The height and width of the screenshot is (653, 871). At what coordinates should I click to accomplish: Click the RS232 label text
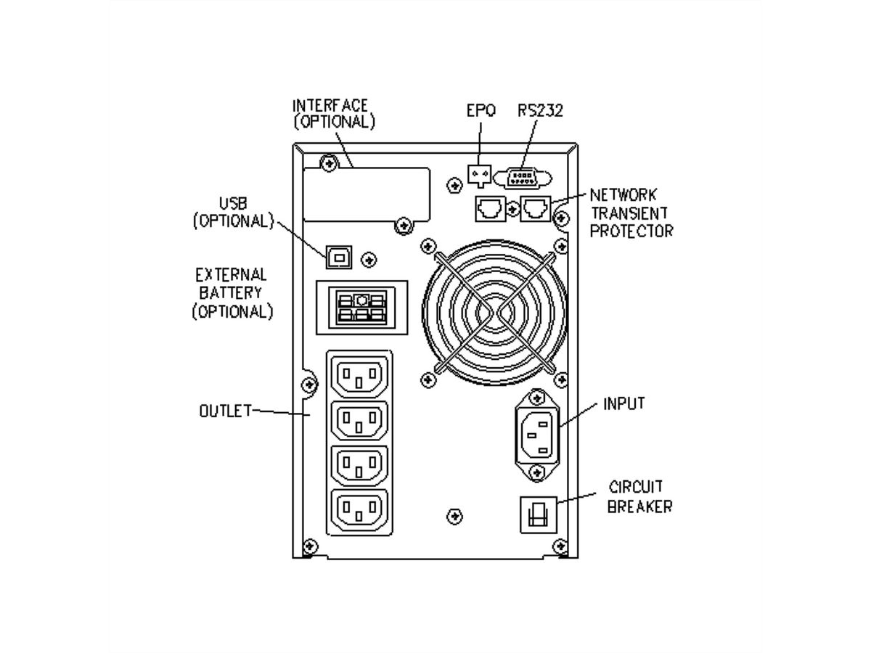tap(541, 111)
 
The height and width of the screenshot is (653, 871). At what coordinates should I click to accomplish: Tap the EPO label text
tap(481, 111)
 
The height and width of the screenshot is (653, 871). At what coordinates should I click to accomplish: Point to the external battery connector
tap(361, 306)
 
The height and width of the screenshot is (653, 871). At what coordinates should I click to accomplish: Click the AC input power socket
tap(537, 435)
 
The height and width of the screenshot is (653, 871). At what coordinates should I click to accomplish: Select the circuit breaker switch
tap(538, 514)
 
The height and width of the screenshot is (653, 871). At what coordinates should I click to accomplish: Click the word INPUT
tap(624, 404)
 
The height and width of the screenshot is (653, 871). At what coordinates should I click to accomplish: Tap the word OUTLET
tap(225, 411)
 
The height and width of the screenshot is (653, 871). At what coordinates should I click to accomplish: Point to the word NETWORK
tap(623, 195)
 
